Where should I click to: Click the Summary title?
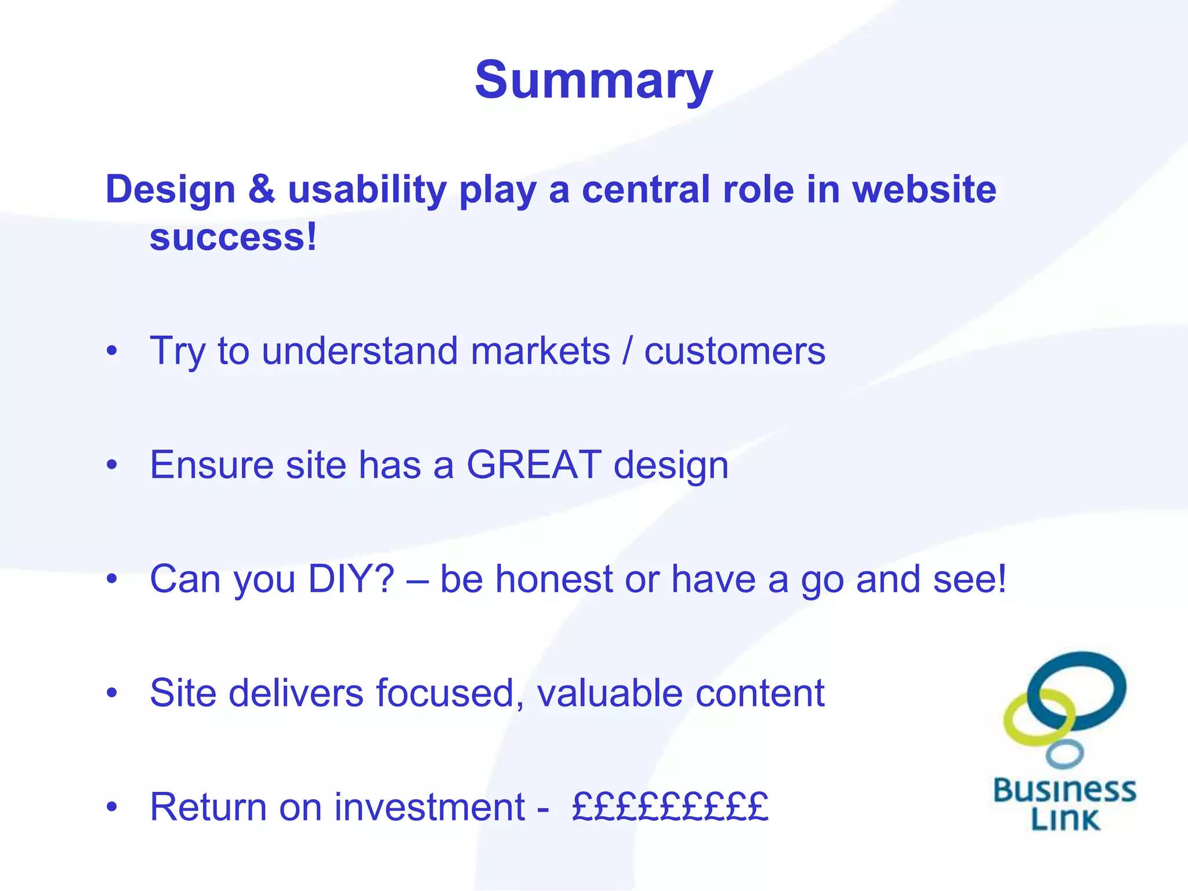pos(593,80)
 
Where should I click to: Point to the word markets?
pos(540,351)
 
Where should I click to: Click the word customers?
pos(734,352)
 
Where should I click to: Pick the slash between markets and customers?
pos(627,351)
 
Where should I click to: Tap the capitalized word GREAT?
pos(534,465)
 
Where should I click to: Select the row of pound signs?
pos(670,807)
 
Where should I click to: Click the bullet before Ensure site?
pos(112,465)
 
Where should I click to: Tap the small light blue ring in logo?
pos(1064,754)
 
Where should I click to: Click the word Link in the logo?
pos(1065,820)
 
